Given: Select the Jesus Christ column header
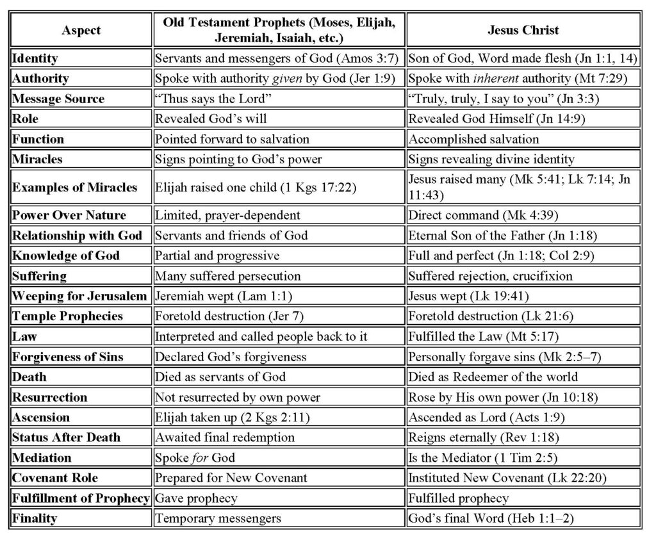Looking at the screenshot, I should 523,30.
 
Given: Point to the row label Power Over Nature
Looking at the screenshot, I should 69,215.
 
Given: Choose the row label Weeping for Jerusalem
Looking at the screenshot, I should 79,297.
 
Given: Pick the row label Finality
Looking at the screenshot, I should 34,518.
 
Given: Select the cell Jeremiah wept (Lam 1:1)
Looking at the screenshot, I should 214,297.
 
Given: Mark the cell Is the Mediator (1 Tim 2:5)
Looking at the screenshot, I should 487,458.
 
